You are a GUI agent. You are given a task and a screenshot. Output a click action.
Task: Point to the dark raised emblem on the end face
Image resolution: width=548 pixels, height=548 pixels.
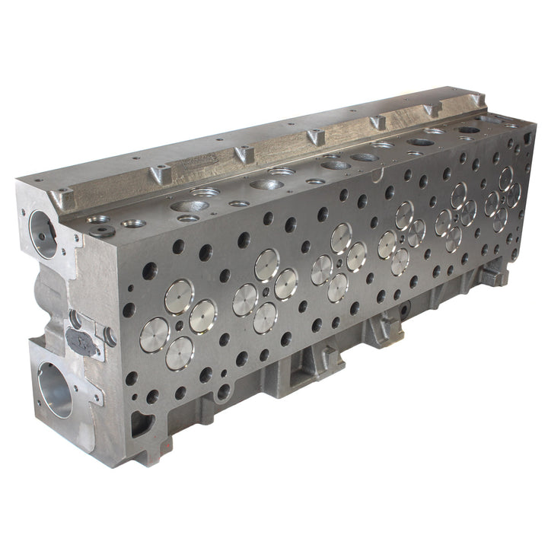[81, 342]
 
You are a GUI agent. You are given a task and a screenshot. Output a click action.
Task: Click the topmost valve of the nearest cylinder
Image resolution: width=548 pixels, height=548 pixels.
[180, 295]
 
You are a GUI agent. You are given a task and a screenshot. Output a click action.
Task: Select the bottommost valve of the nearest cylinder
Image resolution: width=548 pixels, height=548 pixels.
[179, 352]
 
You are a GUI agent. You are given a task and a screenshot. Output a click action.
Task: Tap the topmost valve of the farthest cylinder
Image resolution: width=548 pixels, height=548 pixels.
[505, 178]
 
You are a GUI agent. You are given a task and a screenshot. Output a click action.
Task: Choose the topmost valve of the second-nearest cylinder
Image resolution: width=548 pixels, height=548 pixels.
[266, 264]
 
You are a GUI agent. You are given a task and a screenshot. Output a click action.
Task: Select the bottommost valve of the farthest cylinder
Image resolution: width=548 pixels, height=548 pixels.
[499, 220]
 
